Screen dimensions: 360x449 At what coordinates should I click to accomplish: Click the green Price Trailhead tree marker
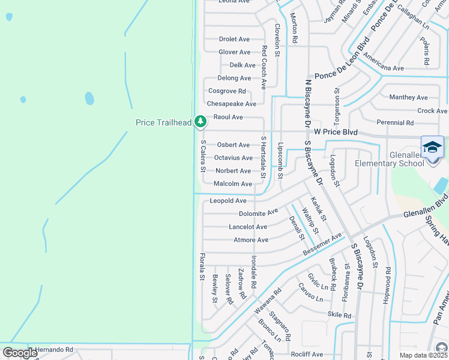[200, 122]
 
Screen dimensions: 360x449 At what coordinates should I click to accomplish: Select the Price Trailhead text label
[163, 122]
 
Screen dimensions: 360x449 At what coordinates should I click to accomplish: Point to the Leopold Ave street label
[228, 200]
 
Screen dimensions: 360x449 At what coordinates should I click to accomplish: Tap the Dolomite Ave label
[258, 212]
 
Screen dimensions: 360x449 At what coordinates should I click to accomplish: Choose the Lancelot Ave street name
[248, 227]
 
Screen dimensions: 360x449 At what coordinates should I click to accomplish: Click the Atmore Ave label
[250, 240]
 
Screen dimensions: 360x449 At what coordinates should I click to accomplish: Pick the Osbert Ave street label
[233, 145]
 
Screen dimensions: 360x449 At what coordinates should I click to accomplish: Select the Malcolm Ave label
[233, 184]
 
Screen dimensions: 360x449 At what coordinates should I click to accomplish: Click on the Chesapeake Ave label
[231, 104]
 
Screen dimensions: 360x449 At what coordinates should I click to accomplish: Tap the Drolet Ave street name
[234, 39]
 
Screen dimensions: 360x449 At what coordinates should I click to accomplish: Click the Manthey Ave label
[408, 97]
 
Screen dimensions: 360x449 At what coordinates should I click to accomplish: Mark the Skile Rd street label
[339, 315]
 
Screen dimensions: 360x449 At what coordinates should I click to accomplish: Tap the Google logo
[20, 352]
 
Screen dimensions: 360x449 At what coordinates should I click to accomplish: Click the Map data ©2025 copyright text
[423, 355]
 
